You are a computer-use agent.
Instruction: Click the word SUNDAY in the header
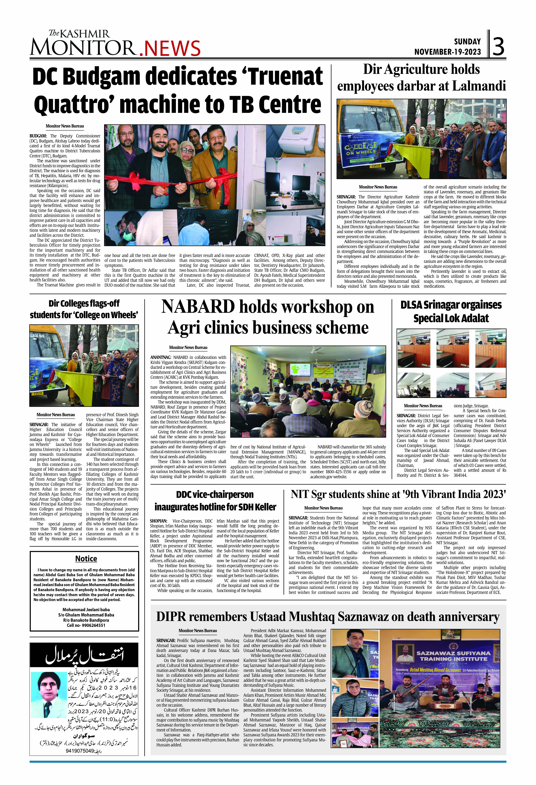click(467, 42)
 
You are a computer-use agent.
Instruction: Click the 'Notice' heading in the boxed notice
click(86, 558)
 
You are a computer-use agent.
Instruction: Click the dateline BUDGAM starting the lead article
click(38, 136)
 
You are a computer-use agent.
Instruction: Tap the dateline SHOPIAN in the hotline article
click(158, 521)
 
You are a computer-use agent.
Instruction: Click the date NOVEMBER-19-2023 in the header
click(447, 52)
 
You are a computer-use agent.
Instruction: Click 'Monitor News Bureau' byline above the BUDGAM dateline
click(65, 126)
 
